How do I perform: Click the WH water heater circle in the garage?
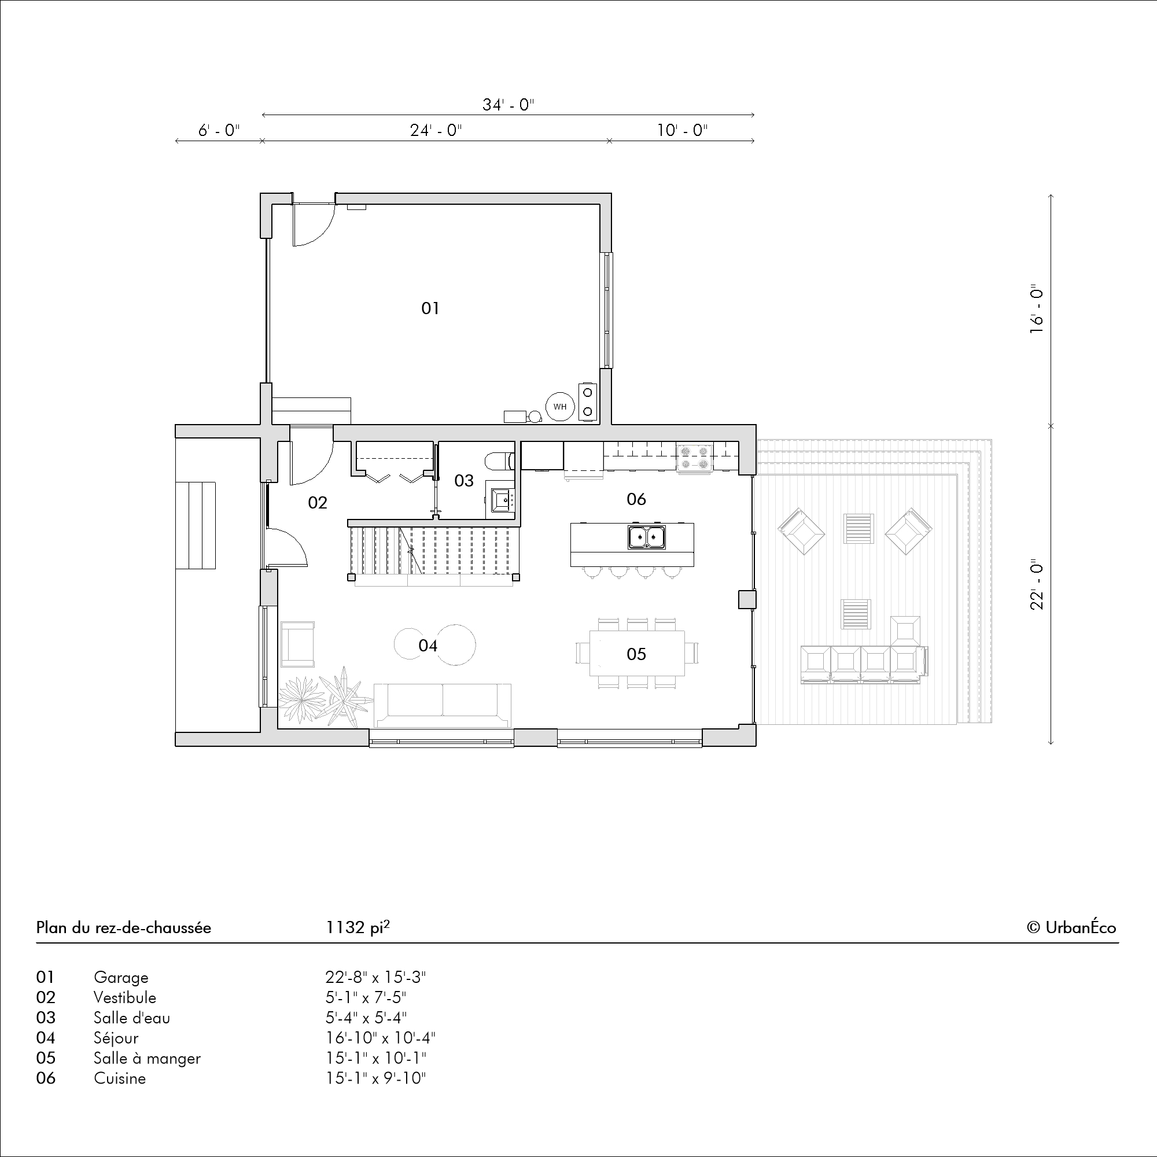tap(560, 407)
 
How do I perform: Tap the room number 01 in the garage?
tap(430, 308)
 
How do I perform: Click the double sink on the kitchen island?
tap(646, 537)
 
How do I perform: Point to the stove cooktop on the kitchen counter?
tap(695, 458)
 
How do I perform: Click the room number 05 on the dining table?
tap(636, 654)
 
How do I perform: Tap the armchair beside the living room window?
tap(297, 644)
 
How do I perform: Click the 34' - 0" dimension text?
tap(509, 105)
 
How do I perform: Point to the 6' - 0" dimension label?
tap(219, 130)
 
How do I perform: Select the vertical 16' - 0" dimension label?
tap(1037, 308)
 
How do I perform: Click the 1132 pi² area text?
tap(358, 927)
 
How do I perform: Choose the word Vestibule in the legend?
tap(124, 998)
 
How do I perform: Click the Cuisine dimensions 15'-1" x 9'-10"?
tap(375, 1078)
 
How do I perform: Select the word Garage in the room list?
tap(121, 977)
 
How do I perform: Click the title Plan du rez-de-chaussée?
tap(123, 928)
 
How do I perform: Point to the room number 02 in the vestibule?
tap(318, 503)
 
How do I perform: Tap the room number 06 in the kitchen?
tap(636, 499)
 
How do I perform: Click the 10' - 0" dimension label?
tap(682, 130)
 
